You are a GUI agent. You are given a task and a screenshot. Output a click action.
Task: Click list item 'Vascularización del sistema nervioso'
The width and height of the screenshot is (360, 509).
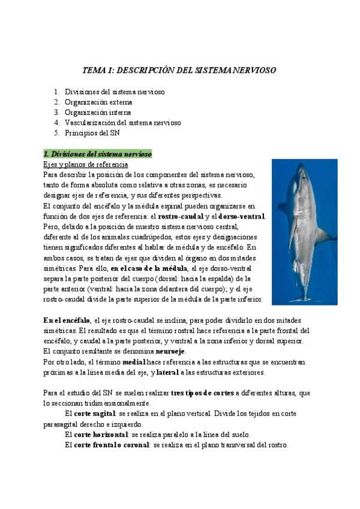tap(122, 122)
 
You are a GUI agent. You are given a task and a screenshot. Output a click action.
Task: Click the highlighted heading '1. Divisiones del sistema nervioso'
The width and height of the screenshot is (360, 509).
tap(97, 154)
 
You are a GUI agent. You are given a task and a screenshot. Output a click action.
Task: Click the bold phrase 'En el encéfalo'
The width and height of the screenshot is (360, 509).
tap(67, 320)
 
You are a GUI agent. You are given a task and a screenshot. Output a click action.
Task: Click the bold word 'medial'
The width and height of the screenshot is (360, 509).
tap(134, 362)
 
